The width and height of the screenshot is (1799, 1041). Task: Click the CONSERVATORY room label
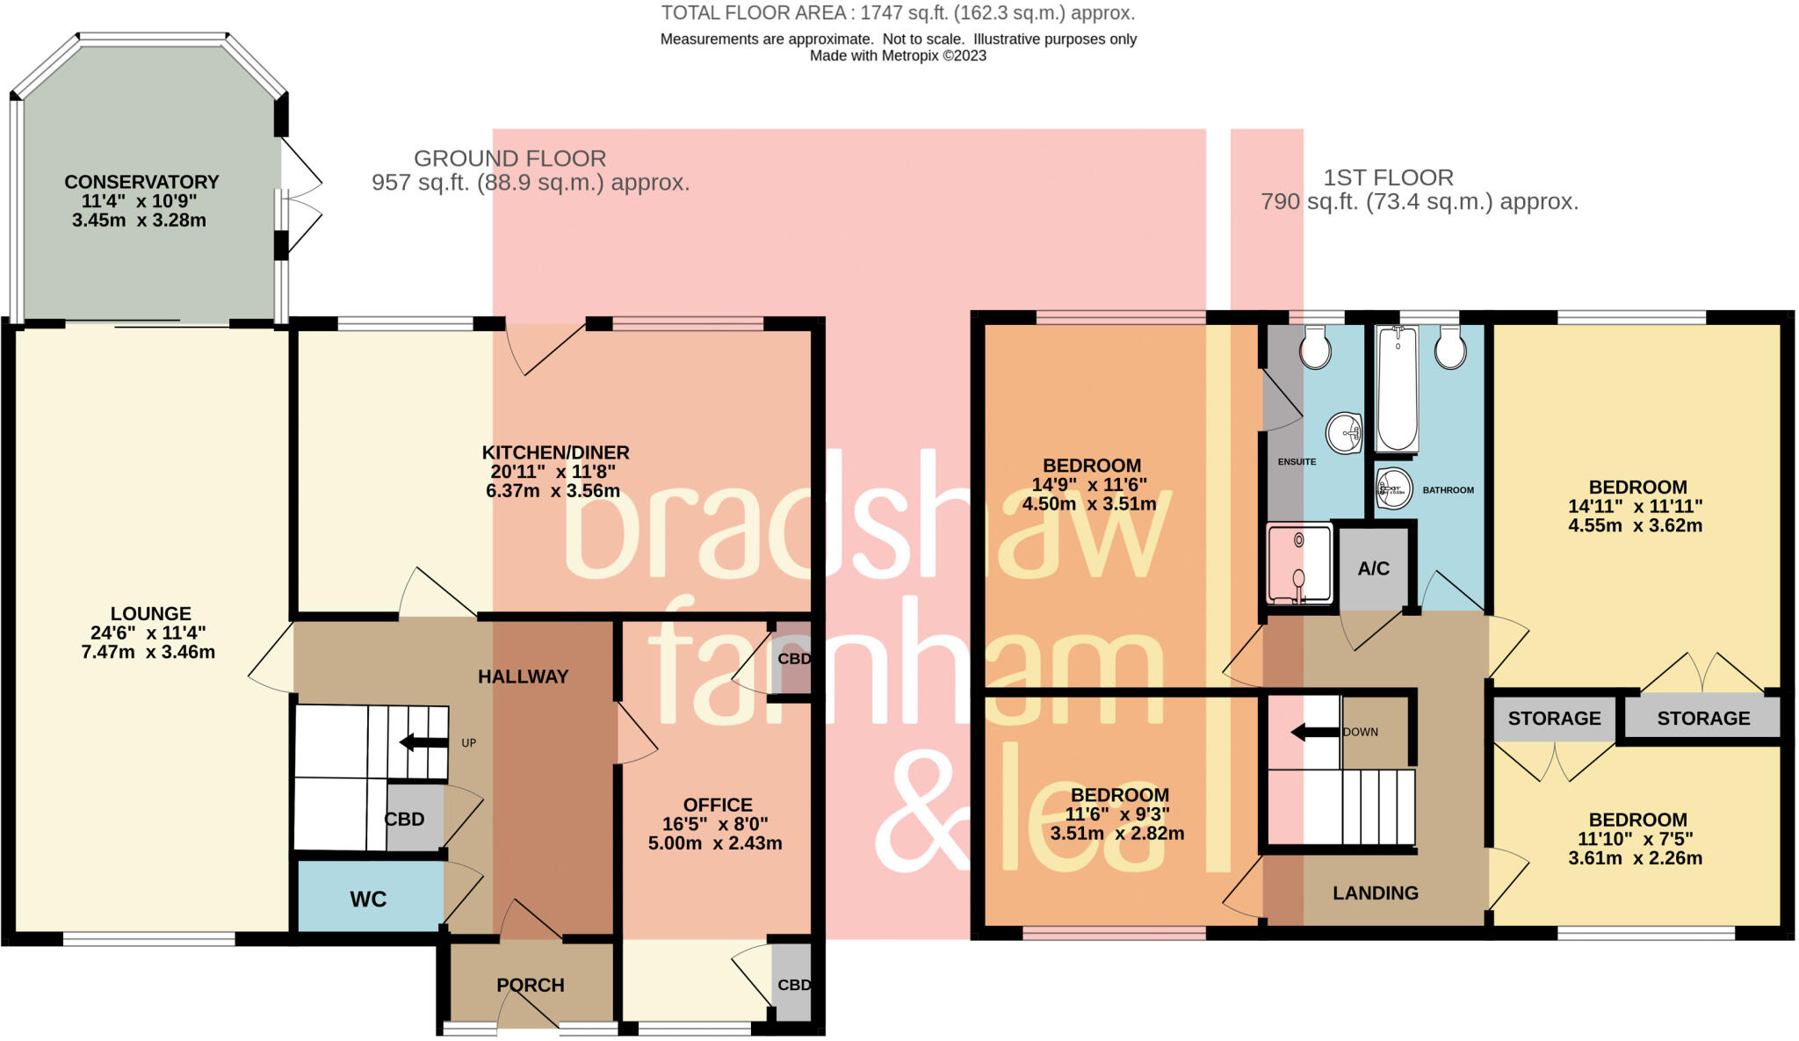(x=141, y=182)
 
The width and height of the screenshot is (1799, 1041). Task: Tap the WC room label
(x=368, y=899)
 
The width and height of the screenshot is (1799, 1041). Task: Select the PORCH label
(x=531, y=985)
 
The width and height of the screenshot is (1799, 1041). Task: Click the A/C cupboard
(x=1373, y=568)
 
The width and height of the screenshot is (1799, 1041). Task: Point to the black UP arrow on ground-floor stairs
(x=423, y=742)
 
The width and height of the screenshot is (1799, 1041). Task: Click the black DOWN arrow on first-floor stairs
(x=1315, y=732)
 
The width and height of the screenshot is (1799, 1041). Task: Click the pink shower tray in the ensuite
(x=1299, y=563)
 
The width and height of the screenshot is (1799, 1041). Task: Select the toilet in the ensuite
(x=1315, y=349)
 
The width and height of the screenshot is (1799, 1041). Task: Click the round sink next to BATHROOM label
(x=1394, y=488)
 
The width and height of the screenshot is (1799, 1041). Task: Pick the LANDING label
(x=1375, y=893)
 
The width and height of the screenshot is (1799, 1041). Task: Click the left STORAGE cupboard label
(x=1554, y=718)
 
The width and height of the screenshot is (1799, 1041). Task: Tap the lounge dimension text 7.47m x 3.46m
(x=148, y=652)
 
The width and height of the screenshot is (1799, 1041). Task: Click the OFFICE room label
(x=718, y=805)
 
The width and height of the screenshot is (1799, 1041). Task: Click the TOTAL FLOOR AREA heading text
(x=897, y=13)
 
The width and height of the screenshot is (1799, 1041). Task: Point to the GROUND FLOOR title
(x=509, y=158)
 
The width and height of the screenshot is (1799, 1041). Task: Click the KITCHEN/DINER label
(x=555, y=452)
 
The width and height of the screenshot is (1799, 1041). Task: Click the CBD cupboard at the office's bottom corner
(x=793, y=985)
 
